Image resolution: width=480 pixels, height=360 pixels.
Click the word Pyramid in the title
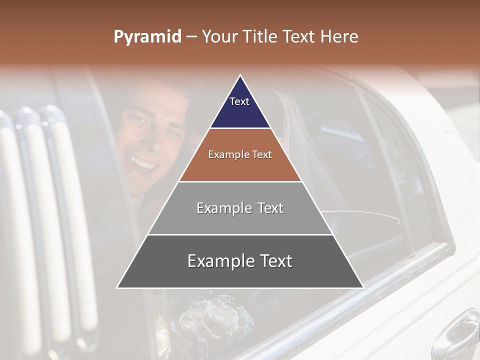[147, 37]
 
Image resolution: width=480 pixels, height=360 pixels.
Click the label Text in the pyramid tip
[239, 101]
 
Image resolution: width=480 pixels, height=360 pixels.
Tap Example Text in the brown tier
[240, 154]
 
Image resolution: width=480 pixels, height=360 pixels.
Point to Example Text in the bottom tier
[240, 261]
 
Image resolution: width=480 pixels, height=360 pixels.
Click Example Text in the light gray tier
[240, 208]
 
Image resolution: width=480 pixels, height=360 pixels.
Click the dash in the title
[191, 37]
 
